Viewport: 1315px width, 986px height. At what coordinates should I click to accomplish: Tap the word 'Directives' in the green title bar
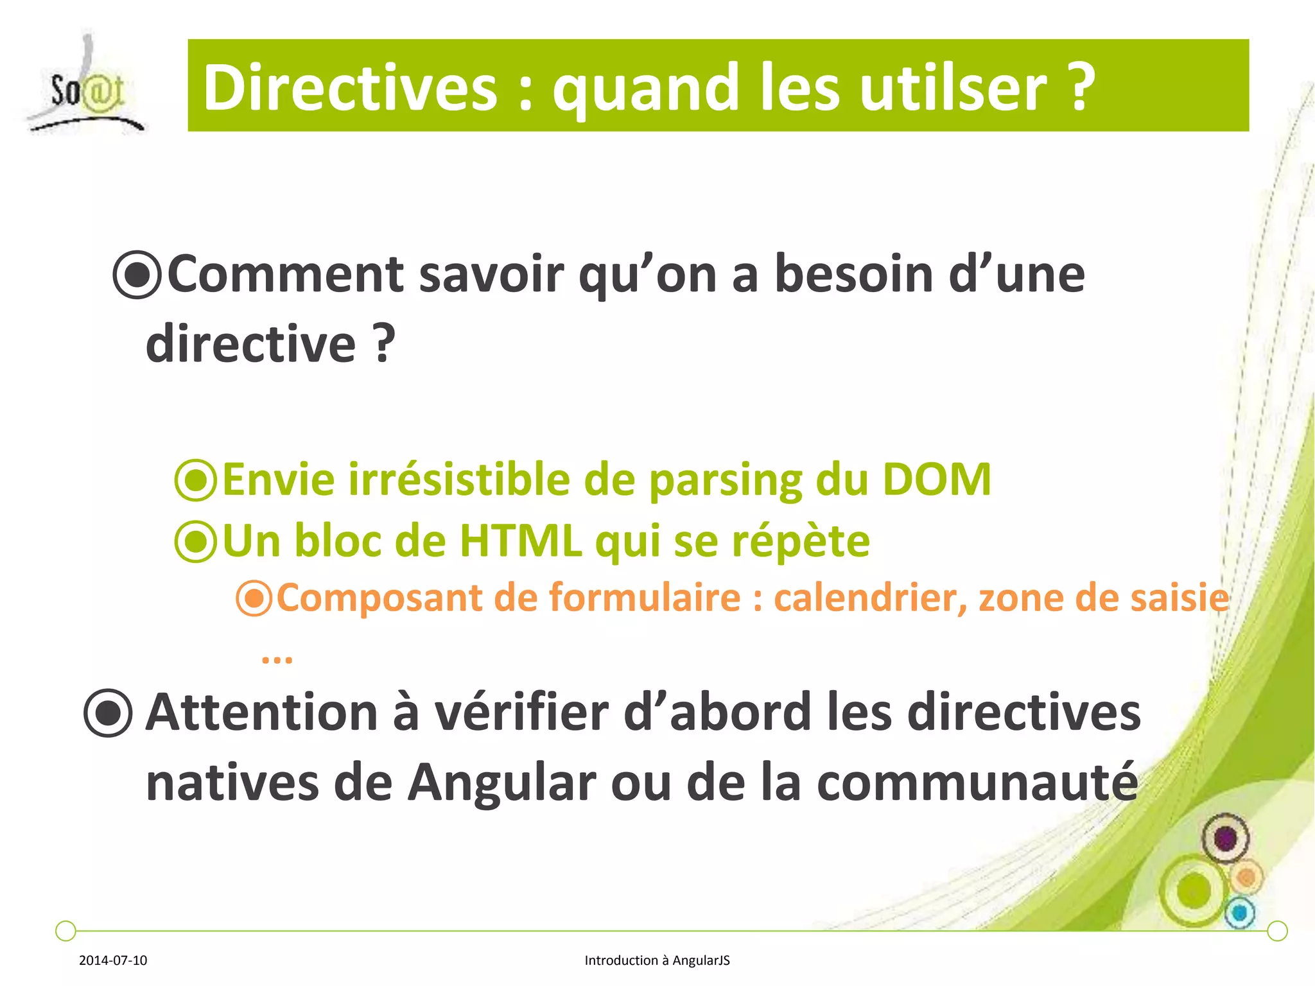[350, 88]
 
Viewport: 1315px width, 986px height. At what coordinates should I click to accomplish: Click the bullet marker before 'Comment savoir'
[136, 275]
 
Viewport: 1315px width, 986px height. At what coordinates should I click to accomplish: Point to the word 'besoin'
[853, 274]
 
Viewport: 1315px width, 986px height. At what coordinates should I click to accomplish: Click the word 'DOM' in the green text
[937, 480]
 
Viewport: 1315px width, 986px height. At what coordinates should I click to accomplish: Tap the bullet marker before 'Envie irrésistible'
[195, 480]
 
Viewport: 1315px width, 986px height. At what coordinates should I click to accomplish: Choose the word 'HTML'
[520, 541]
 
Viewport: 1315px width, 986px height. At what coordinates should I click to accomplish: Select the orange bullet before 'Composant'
[254, 598]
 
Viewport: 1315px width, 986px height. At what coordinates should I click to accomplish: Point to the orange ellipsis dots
[277, 659]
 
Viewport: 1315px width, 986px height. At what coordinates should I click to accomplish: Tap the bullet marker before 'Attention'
[108, 713]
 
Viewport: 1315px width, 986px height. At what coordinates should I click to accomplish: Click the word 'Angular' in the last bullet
[501, 783]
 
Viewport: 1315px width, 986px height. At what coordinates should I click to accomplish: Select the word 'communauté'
[977, 783]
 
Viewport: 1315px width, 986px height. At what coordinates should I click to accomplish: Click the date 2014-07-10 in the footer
[113, 960]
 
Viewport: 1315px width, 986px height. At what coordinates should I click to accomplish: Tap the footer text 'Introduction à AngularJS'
[657, 960]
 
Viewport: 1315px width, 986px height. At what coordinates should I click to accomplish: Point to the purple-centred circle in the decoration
[1225, 838]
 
